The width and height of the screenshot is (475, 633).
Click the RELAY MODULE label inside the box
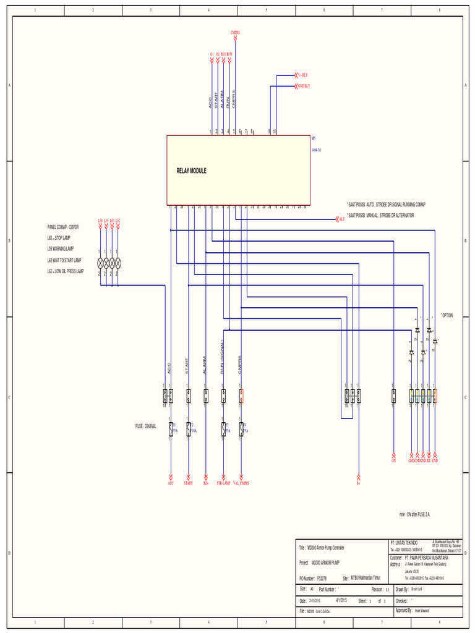coord(191,171)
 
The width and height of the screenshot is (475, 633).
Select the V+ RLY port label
coord(302,75)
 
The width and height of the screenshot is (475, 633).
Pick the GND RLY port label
coord(303,86)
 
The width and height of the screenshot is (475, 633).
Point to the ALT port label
coord(341,219)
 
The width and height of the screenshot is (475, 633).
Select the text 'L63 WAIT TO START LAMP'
coord(64,260)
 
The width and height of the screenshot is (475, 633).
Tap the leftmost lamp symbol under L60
coord(100,262)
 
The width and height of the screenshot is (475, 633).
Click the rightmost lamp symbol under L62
coord(118,262)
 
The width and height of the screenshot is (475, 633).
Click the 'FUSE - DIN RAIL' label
coord(146,427)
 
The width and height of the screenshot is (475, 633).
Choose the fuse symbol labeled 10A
coord(188,428)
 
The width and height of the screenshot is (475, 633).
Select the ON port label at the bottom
coord(393,461)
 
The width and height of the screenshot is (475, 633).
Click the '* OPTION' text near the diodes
coord(447,315)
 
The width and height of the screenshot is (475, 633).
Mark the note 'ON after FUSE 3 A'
coord(414,514)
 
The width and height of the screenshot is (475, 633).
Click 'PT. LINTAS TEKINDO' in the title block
coord(404,542)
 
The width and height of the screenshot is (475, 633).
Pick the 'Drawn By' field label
coord(401,590)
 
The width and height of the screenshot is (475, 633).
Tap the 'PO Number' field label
coord(307,578)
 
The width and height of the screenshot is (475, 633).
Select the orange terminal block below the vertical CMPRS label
coord(241,396)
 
